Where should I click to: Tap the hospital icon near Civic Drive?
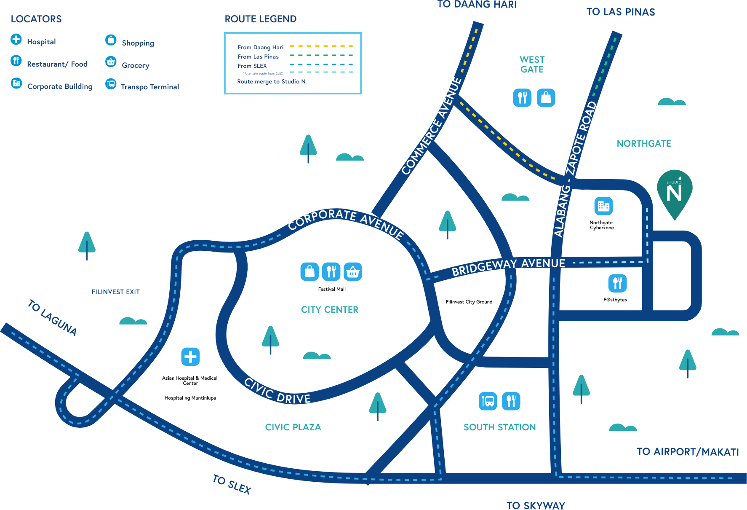pyautogui.click(x=190, y=357)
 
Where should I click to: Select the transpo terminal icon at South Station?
pyautogui.click(x=488, y=401)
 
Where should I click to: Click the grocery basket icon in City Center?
pyautogui.click(x=352, y=272)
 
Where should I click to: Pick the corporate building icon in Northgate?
pyautogui.click(x=603, y=206)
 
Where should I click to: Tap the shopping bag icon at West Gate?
pyautogui.click(x=546, y=98)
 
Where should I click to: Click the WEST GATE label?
pyautogui.click(x=532, y=64)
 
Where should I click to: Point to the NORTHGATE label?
pyautogui.click(x=644, y=144)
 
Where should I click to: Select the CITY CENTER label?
pyautogui.click(x=330, y=310)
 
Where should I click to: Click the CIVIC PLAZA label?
pyautogui.click(x=293, y=427)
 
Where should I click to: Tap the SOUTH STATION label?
pyautogui.click(x=500, y=427)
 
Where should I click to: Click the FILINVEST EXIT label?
pyautogui.click(x=116, y=292)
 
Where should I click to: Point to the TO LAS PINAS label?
pyautogui.click(x=621, y=12)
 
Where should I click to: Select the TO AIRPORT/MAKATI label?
pyautogui.click(x=688, y=452)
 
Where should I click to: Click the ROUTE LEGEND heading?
pyautogui.click(x=261, y=19)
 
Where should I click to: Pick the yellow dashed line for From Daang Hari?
pyautogui.click(x=321, y=46)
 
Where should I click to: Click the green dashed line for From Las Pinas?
pyautogui.click(x=321, y=56)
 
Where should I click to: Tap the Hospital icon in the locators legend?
pyautogui.click(x=16, y=39)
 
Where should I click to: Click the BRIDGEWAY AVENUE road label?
pyautogui.click(x=508, y=267)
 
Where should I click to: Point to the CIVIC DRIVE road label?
pyautogui.click(x=277, y=392)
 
